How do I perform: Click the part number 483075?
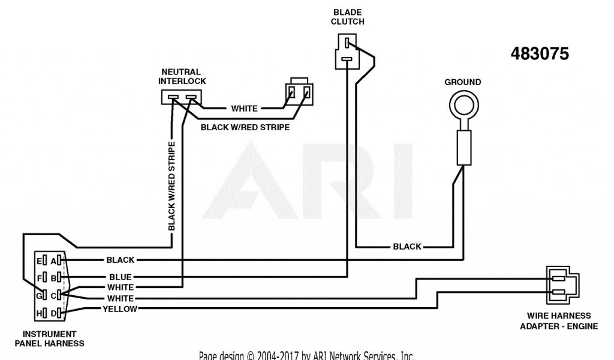[540, 54]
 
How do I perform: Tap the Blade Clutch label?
[348, 17]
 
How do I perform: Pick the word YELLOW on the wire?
[120, 309]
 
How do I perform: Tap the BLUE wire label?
[120, 277]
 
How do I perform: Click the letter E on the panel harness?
[39, 261]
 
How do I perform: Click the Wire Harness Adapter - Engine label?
[558, 321]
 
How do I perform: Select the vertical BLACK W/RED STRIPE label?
[172, 186]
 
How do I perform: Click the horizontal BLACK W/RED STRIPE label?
[245, 127]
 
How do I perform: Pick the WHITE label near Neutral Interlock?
[244, 109]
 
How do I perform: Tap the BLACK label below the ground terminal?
[407, 247]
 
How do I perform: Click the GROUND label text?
[462, 82]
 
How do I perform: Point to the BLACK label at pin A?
[120, 260]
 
